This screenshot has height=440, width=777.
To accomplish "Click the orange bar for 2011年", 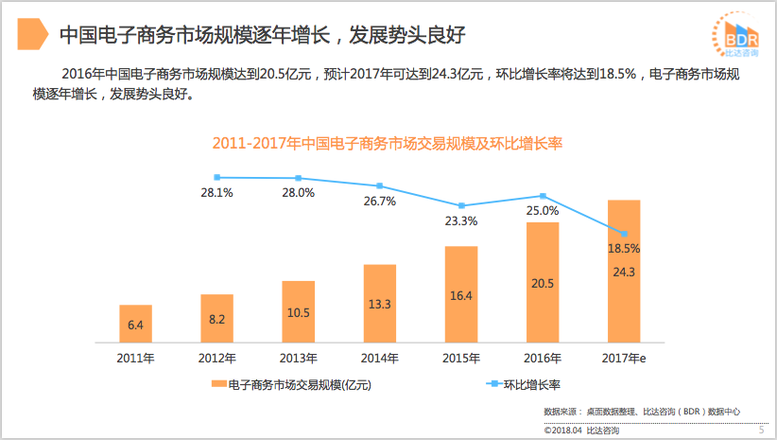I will pos(135,323).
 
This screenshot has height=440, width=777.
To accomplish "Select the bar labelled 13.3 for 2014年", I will pos(380,303).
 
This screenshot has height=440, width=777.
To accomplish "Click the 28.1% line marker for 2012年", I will pos(217,177).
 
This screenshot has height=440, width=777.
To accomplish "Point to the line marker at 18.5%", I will pos(624,233).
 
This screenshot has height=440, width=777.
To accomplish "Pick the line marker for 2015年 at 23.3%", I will pos(461,205).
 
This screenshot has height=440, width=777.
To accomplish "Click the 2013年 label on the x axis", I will pos(299,359).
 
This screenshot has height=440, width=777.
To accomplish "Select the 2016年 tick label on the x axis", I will pos(543,359).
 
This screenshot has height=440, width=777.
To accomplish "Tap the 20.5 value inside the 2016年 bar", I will pos(543,283).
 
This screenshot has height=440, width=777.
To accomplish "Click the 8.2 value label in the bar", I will pos(217,320).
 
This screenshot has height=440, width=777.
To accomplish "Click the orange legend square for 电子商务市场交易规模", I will pos(219,385).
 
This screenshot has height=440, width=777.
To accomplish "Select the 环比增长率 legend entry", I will pos(526,385).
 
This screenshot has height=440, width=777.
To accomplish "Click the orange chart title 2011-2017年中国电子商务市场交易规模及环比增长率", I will pos(388,144).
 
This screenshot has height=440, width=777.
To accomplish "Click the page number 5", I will pos(761,431).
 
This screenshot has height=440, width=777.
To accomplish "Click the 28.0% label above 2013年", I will pos(299,193).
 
